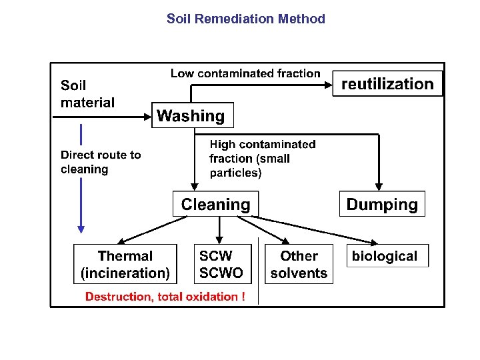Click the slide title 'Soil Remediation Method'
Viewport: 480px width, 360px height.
pyautogui.click(x=245, y=19)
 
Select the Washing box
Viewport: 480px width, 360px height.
pyautogui.click(x=192, y=115)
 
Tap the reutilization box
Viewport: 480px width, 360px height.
pyautogui.click(x=387, y=84)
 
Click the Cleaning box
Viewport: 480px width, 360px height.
pyautogui.click(x=215, y=204)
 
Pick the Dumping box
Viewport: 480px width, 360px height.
pyautogui.click(x=382, y=204)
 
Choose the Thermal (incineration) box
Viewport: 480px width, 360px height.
pyautogui.click(x=125, y=265)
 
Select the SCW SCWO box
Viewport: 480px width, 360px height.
pyautogui.click(x=221, y=265)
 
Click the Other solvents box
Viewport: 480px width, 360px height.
pyautogui.click(x=299, y=265)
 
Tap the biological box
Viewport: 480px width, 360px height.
pyautogui.click(x=385, y=256)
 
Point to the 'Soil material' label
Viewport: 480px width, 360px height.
pyautogui.click(x=87, y=94)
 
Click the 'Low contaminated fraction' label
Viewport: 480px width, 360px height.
pyautogui.click(x=245, y=73)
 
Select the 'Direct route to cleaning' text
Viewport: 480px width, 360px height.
pyautogui.click(x=101, y=162)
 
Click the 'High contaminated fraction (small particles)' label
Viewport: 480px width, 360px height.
pyautogui.click(x=262, y=159)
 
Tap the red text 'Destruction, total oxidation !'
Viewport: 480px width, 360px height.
pyautogui.click(x=165, y=297)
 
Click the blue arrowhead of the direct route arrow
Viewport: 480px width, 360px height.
pyautogui.click(x=81, y=229)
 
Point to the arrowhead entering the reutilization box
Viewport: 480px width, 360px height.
pyautogui.click(x=328, y=85)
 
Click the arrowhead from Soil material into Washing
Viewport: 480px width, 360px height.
pyautogui.click(x=147, y=115)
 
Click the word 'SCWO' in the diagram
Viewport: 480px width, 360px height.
pyautogui.click(x=221, y=273)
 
